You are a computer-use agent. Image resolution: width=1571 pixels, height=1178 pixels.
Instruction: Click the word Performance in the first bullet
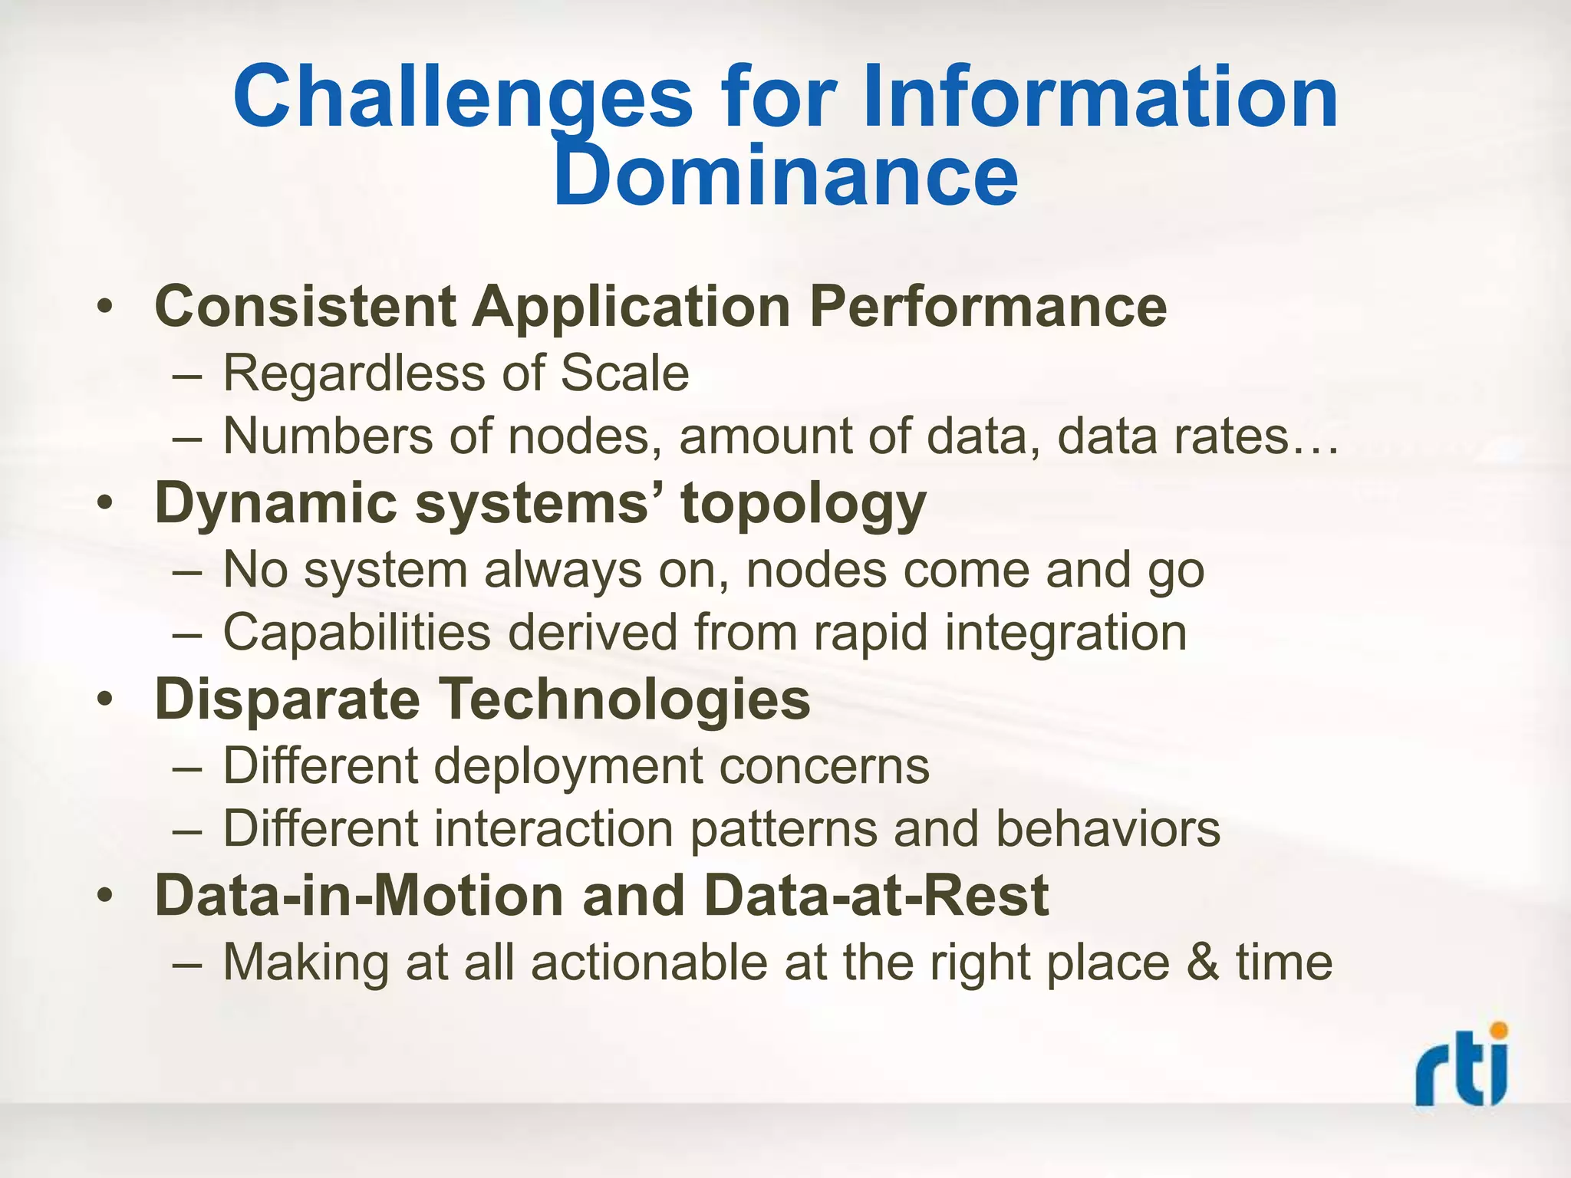pos(988,307)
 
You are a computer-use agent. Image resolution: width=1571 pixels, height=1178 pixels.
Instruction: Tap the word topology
pos(803,505)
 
